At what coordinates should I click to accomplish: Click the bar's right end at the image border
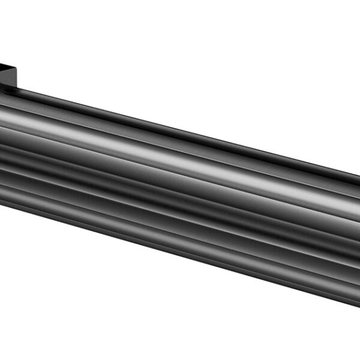pyautogui.click(x=358, y=234)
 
